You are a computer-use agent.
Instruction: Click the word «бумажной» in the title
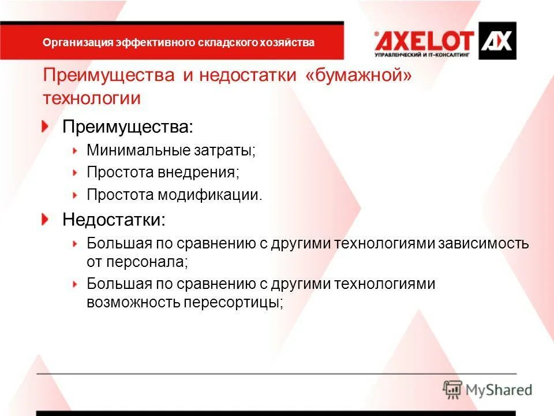coord(359,76)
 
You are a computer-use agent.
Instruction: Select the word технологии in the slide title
coord(92,98)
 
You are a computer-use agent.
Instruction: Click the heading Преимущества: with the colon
coord(128,127)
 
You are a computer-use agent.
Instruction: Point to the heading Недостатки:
coord(114,219)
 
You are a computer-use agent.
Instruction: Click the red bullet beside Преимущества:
coord(46,127)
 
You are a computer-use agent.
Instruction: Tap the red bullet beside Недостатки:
coord(46,219)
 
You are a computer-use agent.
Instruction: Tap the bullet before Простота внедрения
coord(75,172)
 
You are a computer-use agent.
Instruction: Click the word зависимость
coord(483,243)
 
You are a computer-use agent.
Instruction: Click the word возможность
coord(133,302)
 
